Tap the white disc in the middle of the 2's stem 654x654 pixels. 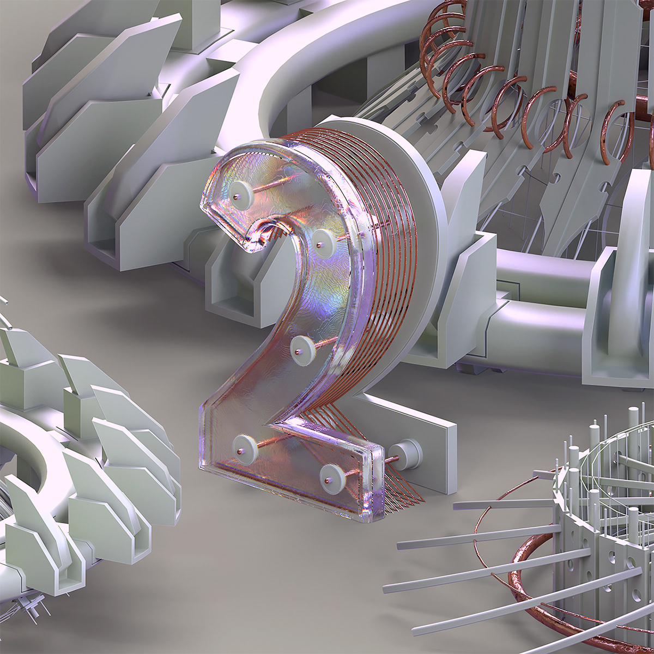pyautogui.click(x=302, y=349)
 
